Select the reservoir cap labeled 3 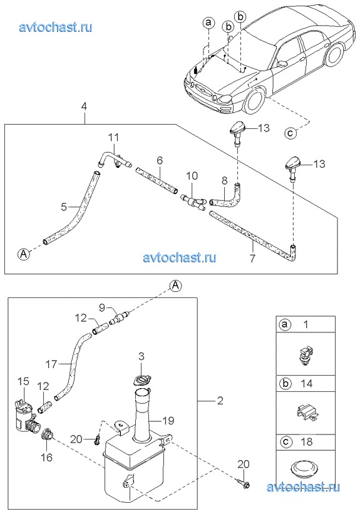tap(141, 380)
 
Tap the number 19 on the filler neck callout tap(168, 421)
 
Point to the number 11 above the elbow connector tap(113, 138)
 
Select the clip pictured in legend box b tap(306, 413)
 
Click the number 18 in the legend tap(307, 441)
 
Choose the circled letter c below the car tap(291, 133)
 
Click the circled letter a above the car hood tap(208, 23)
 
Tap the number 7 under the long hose tap(252, 259)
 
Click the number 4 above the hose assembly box tap(84, 106)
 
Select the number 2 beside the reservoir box tap(220, 401)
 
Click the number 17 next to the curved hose tap(51, 364)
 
